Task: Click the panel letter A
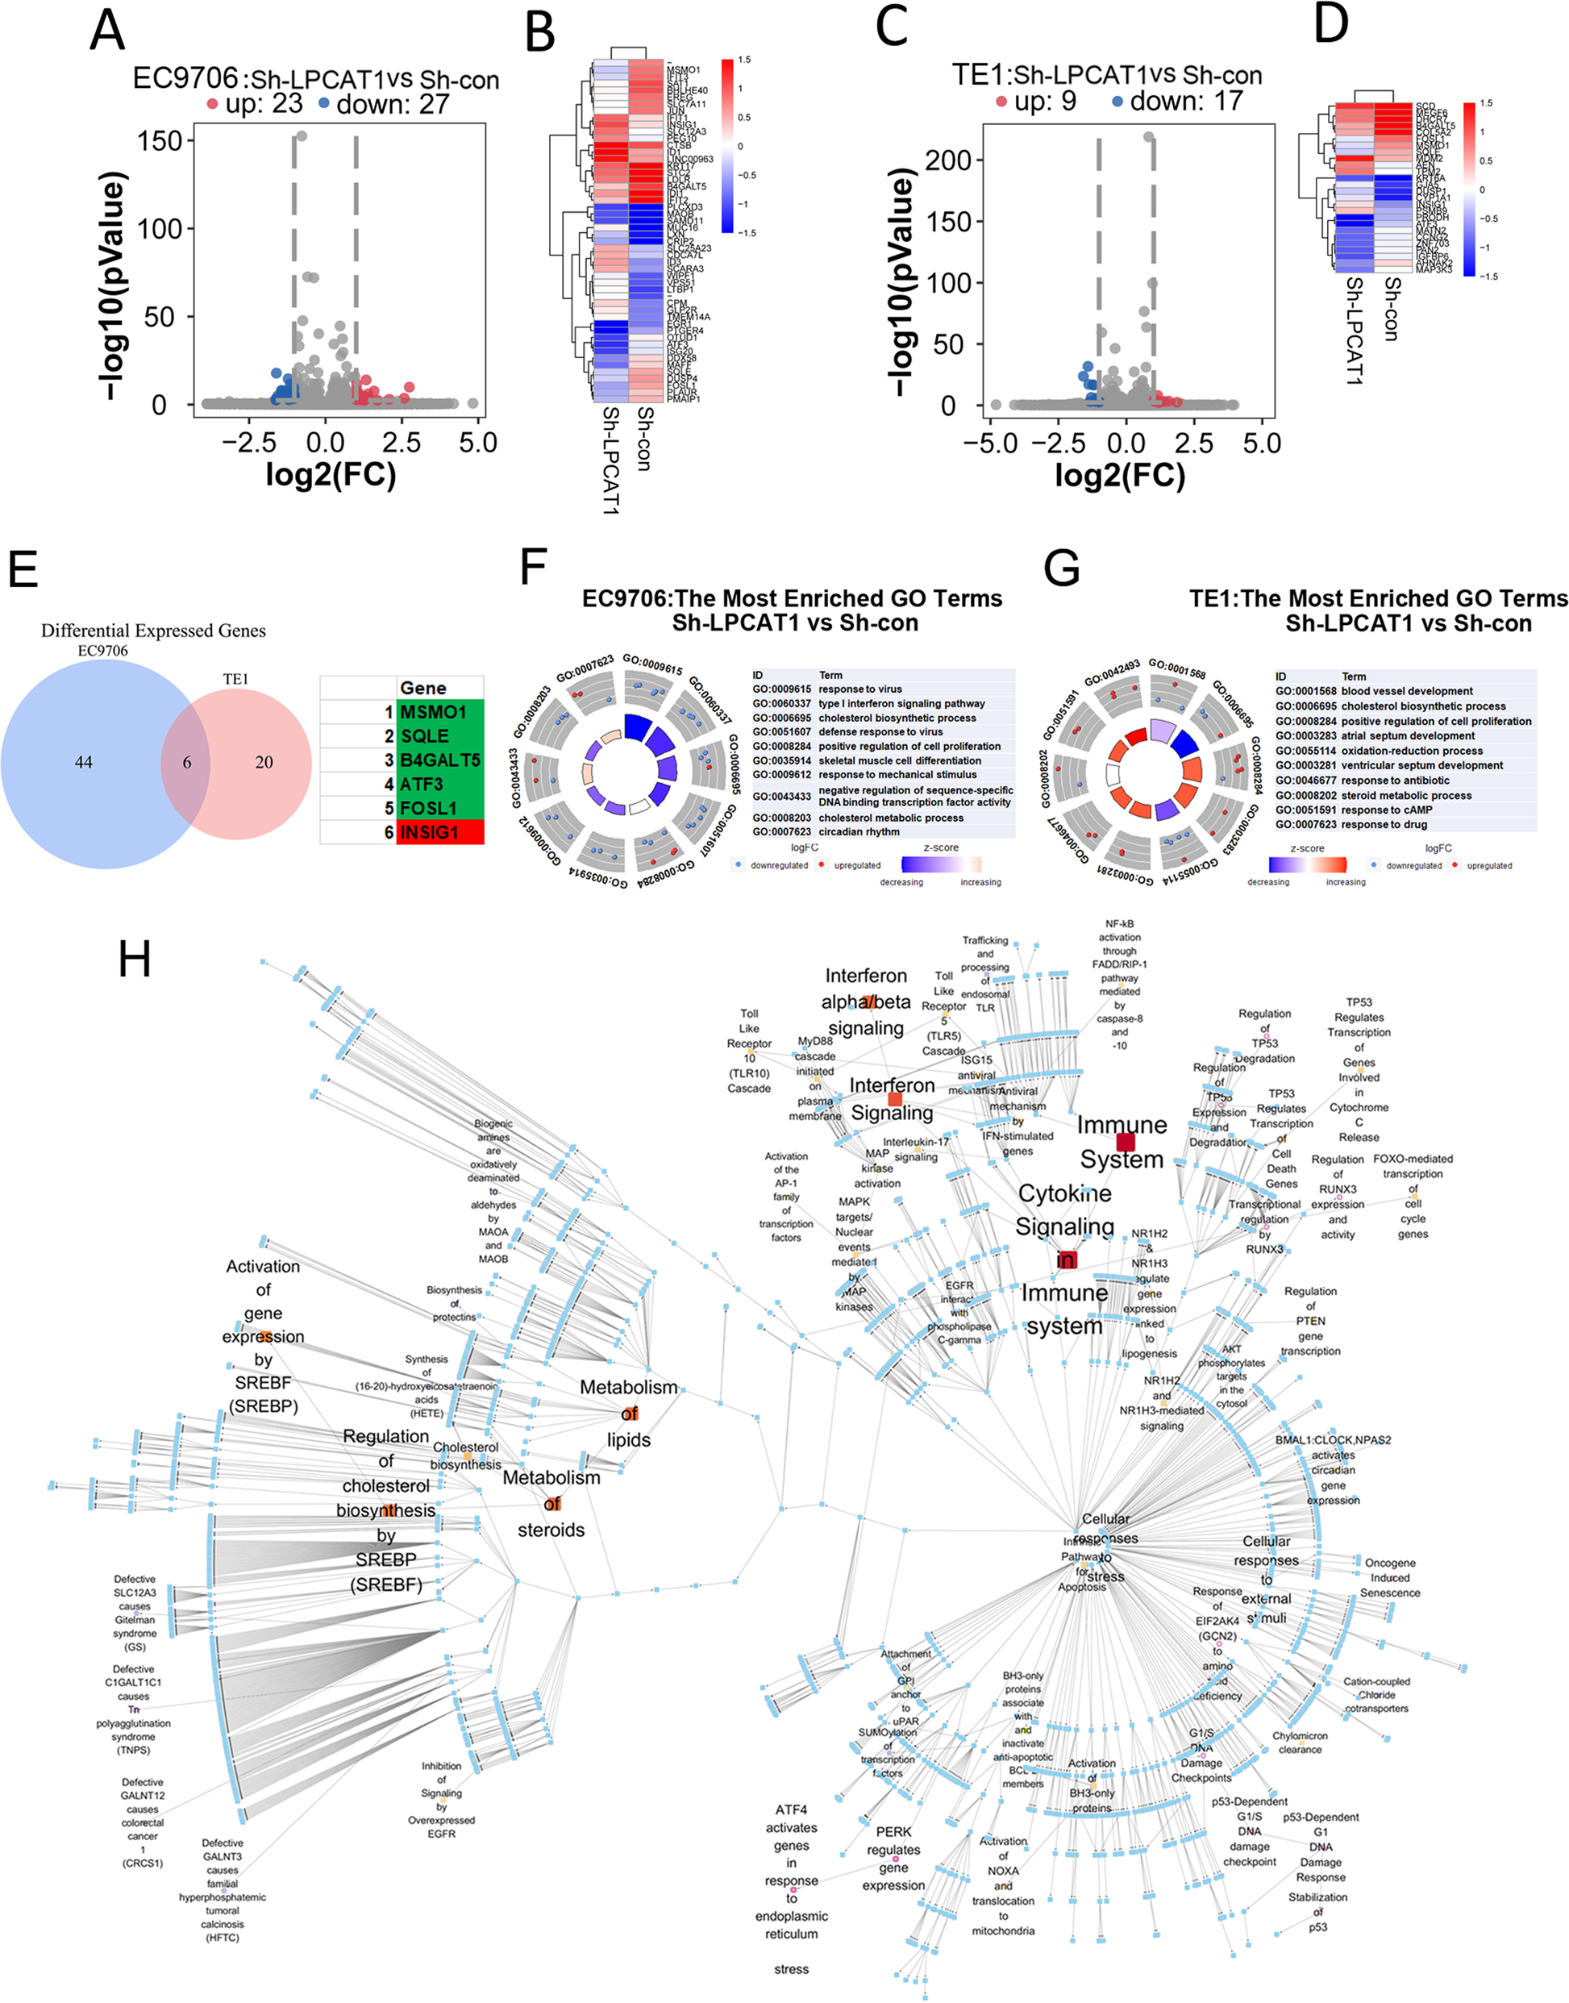coord(107,31)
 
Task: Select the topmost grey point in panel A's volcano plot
coord(302,136)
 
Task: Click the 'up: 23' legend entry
coord(253,104)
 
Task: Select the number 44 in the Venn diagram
coord(84,762)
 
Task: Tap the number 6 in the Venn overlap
coord(186,762)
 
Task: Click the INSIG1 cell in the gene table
coord(439,831)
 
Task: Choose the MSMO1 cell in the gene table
coord(439,712)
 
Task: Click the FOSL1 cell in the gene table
coord(439,808)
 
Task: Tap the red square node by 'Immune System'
coord(1126,1142)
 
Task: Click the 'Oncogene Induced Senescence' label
coord(1390,1577)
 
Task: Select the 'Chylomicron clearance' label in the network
coord(1299,1743)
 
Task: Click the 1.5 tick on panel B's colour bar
coord(744,60)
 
